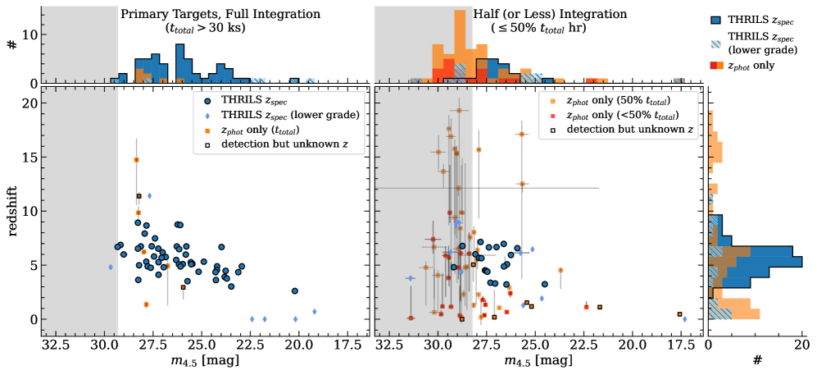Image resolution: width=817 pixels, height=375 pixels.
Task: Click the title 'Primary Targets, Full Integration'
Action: [x=220, y=14]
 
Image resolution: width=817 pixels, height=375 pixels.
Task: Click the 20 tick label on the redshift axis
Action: [x=30, y=103]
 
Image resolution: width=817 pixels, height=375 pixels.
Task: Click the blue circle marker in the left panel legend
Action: [x=208, y=99]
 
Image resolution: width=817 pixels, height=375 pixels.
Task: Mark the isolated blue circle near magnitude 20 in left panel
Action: [x=295, y=290]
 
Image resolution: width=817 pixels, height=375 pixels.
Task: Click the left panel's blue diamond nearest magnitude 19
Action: [x=314, y=312]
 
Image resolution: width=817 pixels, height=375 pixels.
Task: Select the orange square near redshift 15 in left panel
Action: [x=137, y=160]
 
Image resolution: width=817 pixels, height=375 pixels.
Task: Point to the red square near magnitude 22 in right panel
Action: [x=587, y=307]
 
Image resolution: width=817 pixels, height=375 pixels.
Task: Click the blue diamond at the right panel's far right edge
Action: [x=685, y=319]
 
